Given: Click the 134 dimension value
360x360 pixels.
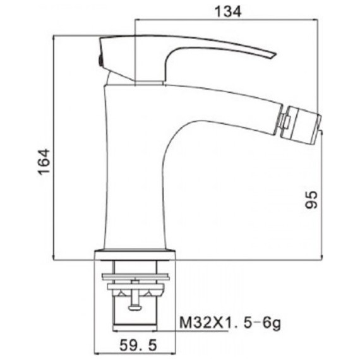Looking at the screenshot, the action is coord(228,11).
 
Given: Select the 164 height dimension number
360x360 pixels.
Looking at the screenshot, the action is coord(44,162).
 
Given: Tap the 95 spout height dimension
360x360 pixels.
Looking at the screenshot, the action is coord(311,200).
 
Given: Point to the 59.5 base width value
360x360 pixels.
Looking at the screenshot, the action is coord(138,345).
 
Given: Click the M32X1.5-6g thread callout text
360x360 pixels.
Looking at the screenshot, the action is coord(230,323).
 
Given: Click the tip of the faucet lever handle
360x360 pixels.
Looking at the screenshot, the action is coord(275,55).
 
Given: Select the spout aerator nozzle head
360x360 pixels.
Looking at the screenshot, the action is coord(304,124).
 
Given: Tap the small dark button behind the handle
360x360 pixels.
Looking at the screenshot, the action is coord(100,61).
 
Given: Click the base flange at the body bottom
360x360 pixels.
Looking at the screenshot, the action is coord(135,255).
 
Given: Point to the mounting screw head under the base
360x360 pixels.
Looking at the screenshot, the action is coord(135,308).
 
